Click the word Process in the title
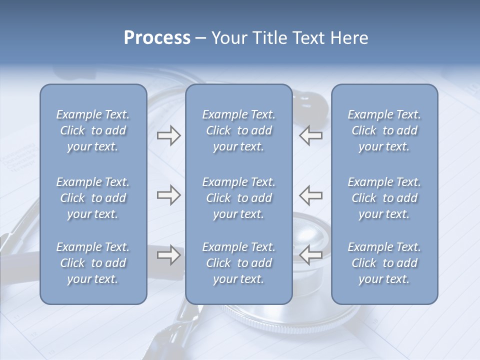coord(157,37)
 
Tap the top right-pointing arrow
coord(169,135)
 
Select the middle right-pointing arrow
coord(169,195)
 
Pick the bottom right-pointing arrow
coord(169,255)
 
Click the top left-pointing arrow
coord(310,135)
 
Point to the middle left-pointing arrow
coord(310,195)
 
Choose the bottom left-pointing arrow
coord(310,255)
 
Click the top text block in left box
coord(93,130)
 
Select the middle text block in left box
coord(93,198)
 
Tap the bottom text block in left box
coord(93,263)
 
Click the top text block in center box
coord(239,130)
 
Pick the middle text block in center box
coord(239,198)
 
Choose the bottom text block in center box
coord(239,263)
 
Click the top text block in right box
coord(384,130)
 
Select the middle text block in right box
coord(384,198)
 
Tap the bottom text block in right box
coord(384,263)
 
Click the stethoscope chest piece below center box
coord(280,315)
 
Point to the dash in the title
coord(200,38)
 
